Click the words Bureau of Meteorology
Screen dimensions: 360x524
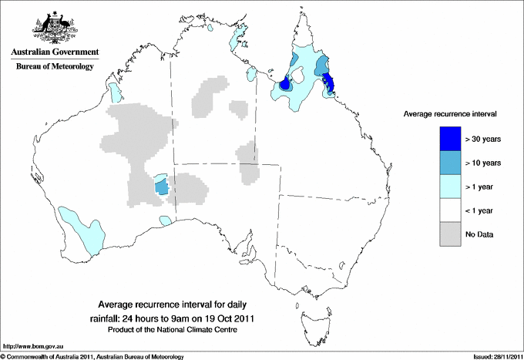(55, 67)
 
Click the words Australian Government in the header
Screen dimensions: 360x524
(55, 53)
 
